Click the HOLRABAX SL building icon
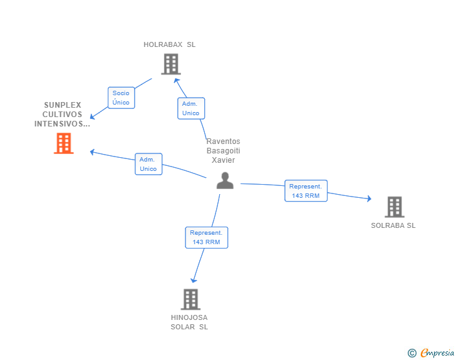point(170,64)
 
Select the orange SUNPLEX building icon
point(63,143)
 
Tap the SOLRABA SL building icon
point(394,207)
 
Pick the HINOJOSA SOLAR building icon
point(190,299)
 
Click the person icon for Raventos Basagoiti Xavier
point(225,181)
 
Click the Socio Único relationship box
point(121,98)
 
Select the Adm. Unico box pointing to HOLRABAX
point(190,108)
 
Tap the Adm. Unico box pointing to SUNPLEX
point(148,164)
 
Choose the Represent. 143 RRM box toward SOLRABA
point(306,191)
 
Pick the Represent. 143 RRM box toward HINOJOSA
point(206,237)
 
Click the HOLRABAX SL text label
point(169,44)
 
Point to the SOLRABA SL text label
point(393,225)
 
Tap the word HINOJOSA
point(189,317)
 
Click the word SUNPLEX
point(63,105)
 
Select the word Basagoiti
point(223,151)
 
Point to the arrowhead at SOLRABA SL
point(369,199)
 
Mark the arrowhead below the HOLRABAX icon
point(177,80)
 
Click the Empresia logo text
point(437,353)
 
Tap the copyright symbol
point(412,353)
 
